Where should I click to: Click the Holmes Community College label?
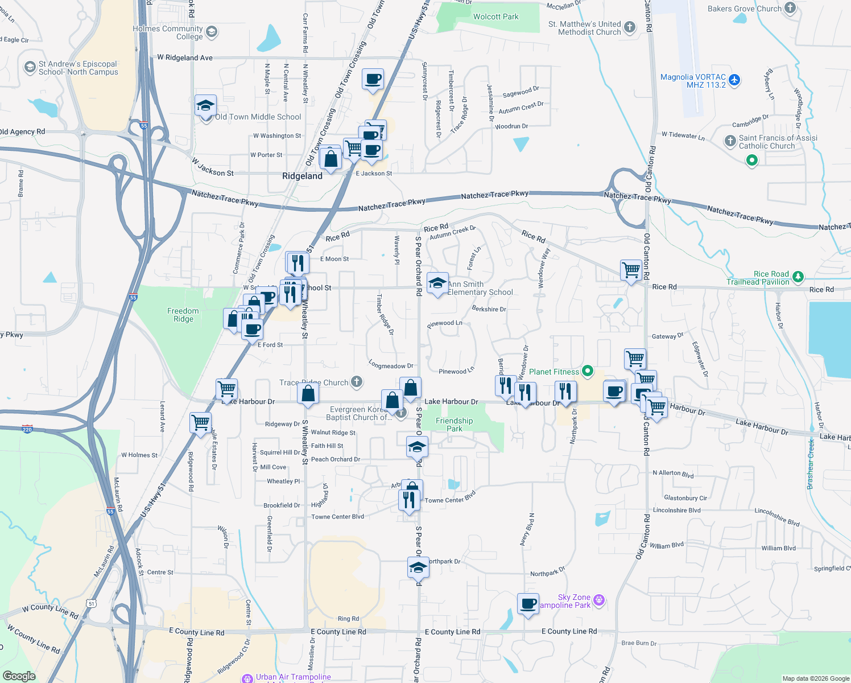pyautogui.click(x=168, y=32)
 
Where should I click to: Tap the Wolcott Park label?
pyautogui.click(x=495, y=17)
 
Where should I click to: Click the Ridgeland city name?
pyautogui.click(x=302, y=176)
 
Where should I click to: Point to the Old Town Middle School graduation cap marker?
pyautogui.click(x=205, y=106)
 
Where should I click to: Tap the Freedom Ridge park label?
pyautogui.click(x=183, y=315)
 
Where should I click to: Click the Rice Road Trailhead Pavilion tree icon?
pyautogui.click(x=798, y=277)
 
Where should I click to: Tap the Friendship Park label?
pyautogui.click(x=454, y=425)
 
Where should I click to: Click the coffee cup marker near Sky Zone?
pyautogui.click(x=528, y=604)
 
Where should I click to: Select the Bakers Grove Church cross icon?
pyautogui.click(x=790, y=8)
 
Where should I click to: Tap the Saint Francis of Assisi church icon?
pyautogui.click(x=730, y=141)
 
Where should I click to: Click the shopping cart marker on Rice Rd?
pyautogui.click(x=631, y=270)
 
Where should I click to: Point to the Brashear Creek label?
pyautogui.click(x=811, y=464)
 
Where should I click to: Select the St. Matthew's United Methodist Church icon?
pyautogui.click(x=629, y=27)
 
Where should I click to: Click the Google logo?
pyautogui.click(x=19, y=676)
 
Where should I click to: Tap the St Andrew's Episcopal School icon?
pyautogui.click(x=30, y=68)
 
